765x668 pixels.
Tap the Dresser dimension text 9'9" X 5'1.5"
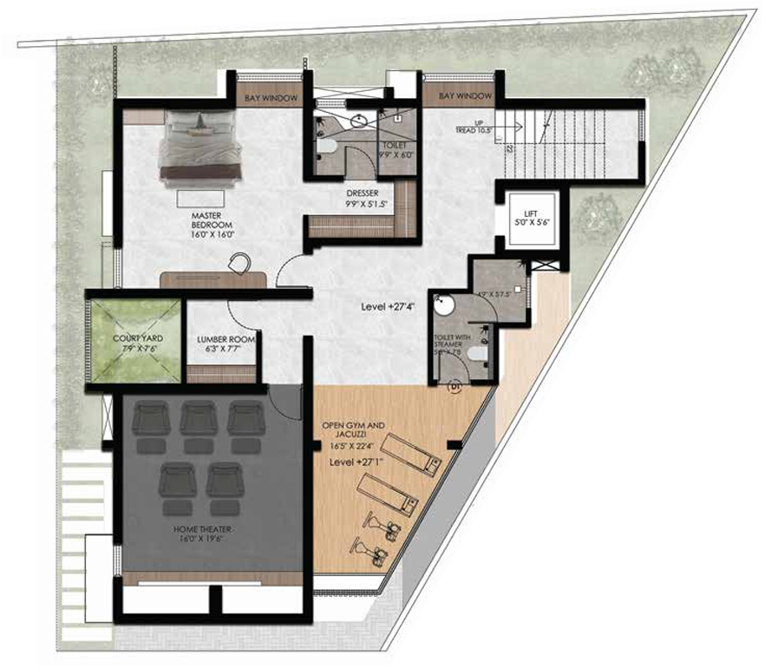point(365,204)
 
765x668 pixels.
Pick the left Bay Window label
point(270,98)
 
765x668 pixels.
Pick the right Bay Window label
point(464,95)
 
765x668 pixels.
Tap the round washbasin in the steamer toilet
point(445,305)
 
